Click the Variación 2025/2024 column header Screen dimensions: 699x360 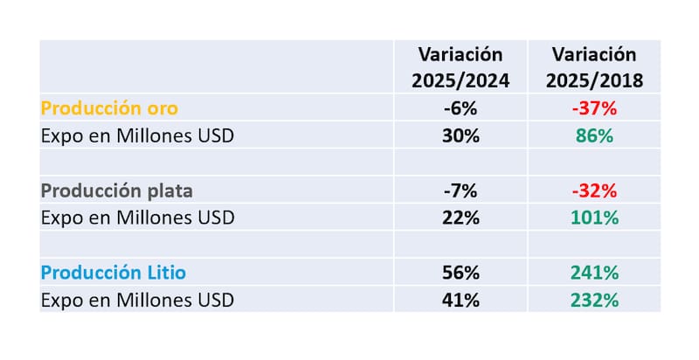tap(460, 67)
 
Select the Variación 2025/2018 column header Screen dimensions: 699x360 tap(595, 67)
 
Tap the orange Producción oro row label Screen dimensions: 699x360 tap(110, 108)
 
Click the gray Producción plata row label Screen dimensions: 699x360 tap(117, 190)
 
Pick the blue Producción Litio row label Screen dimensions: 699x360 tap(114, 273)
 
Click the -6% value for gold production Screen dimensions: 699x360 tap(460, 108)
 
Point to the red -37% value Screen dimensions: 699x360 tap(595, 108)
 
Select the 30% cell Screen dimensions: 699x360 tap(461, 136)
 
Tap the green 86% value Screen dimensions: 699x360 tap(595, 136)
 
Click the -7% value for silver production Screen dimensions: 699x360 tap(460, 190)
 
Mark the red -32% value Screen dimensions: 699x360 tap(595, 190)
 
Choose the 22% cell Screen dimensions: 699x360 tap(461, 218)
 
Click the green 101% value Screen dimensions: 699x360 tap(595, 218)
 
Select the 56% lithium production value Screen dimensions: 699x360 tap(461, 273)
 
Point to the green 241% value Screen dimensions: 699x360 tap(595, 273)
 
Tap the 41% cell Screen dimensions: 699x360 tap(461, 300)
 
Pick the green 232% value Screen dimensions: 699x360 tap(595, 300)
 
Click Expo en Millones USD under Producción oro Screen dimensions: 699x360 tap(137, 136)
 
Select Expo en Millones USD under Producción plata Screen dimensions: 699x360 tap(137, 218)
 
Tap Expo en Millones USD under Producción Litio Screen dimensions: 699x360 tap(137, 300)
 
